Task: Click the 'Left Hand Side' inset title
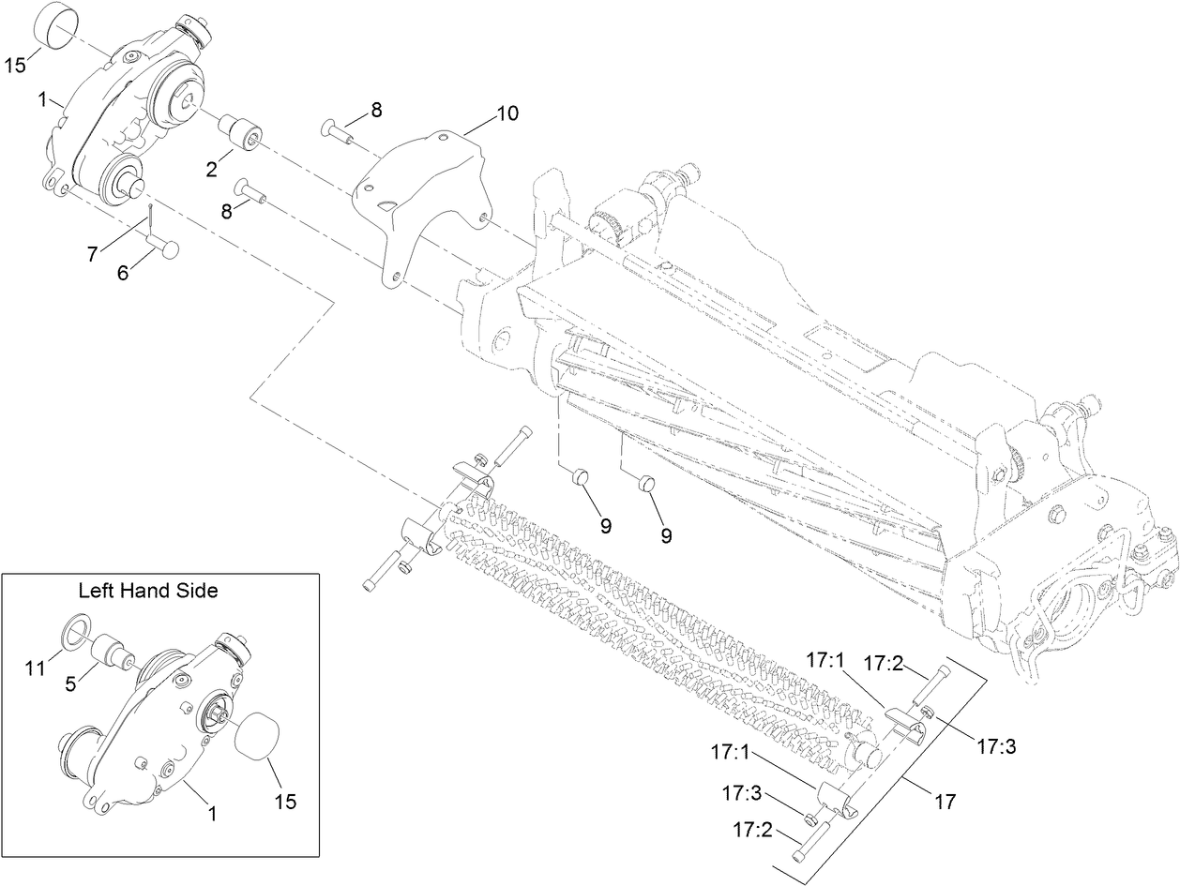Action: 148,591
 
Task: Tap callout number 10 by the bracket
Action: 507,113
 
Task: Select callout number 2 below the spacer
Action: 212,170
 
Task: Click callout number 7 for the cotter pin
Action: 93,254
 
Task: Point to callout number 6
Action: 123,273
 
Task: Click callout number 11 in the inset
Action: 36,668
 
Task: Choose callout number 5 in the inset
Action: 71,684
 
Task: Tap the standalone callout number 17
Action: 946,802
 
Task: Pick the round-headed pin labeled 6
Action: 164,248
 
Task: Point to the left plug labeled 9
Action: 580,476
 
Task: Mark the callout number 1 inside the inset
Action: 212,814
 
